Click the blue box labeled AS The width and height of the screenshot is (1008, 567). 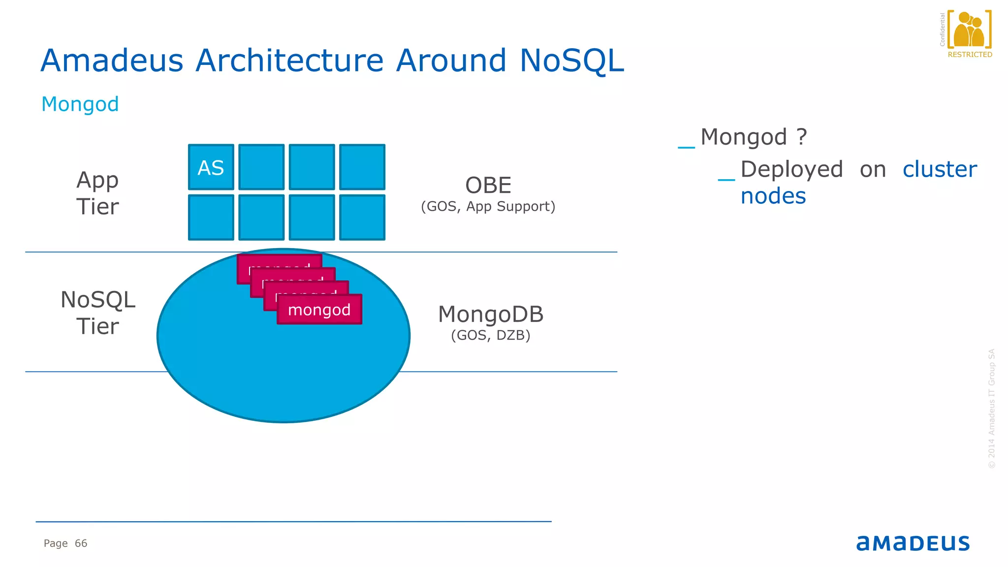211,167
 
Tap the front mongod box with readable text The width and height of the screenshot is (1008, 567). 319,310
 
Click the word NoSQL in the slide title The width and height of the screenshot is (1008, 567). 571,61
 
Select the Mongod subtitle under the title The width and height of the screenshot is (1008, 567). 80,104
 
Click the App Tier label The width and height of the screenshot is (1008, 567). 97,193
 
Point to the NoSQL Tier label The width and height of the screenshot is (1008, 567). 97,313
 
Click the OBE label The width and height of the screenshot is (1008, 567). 488,186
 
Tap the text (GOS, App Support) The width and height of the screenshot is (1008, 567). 488,206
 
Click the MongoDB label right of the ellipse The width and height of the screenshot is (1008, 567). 491,315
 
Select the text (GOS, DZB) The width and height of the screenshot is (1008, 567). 491,335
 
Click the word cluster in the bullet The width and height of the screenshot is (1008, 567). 940,169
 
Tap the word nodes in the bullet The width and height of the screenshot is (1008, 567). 773,196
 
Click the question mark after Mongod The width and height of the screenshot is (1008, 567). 802,136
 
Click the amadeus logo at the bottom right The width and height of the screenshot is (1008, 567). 913,543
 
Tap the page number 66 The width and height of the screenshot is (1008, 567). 81,543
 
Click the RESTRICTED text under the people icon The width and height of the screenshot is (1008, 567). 970,55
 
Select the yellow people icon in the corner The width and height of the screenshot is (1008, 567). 969,30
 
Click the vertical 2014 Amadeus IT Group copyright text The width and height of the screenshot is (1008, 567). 992,409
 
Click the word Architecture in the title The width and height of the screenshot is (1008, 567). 289,61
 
